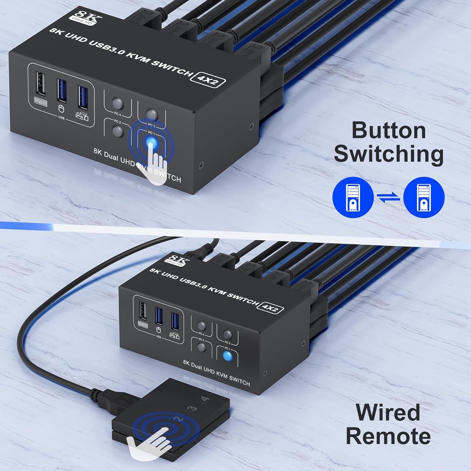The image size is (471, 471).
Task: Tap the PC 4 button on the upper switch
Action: [x=118, y=103]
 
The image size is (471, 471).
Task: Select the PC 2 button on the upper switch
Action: [x=118, y=131]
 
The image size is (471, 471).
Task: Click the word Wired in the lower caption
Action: [x=388, y=412]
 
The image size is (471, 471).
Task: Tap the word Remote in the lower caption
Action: [x=388, y=436]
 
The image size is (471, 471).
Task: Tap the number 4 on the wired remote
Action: [x=205, y=399]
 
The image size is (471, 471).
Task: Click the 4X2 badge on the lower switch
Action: [x=270, y=308]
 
